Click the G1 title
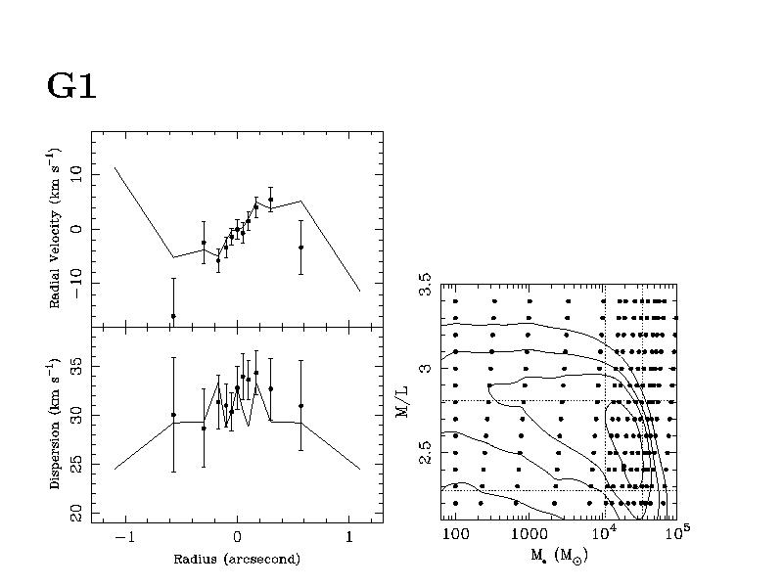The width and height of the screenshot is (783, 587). click(x=71, y=86)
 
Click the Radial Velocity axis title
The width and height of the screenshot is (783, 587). click(x=57, y=228)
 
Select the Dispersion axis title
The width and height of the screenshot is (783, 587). click(x=57, y=429)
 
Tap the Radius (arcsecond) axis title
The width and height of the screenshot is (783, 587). click(x=237, y=560)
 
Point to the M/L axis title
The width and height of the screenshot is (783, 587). click(x=402, y=400)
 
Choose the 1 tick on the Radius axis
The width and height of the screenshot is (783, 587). click(x=349, y=538)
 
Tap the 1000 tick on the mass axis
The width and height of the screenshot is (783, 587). click(x=529, y=537)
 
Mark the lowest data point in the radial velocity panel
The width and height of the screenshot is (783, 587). click(x=173, y=316)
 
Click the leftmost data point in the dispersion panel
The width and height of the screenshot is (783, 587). click(x=173, y=415)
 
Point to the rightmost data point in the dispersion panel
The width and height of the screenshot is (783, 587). click(x=300, y=405)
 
